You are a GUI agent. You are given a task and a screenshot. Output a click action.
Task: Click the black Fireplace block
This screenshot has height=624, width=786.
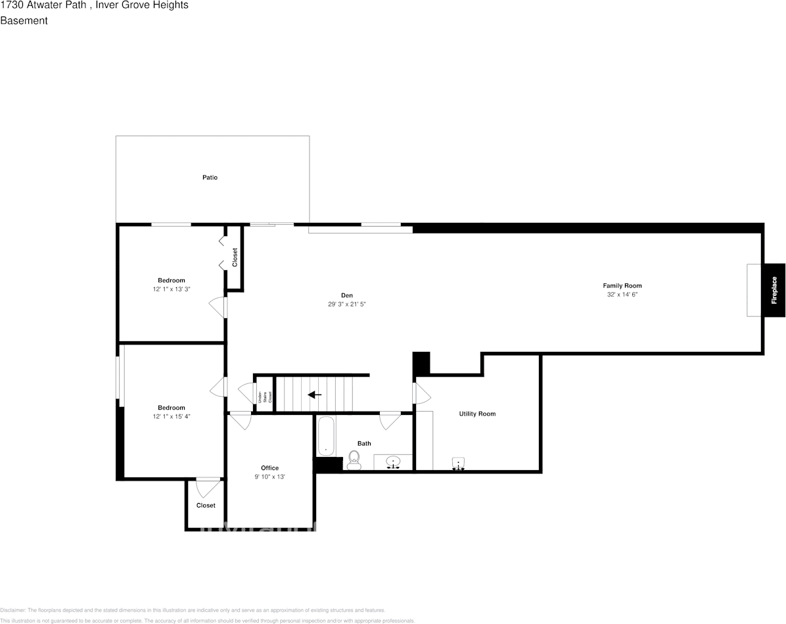pyautogui.click(x=774, y=290)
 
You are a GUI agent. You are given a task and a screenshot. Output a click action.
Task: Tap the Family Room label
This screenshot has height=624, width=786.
pyautogui.click(x=622, y=285)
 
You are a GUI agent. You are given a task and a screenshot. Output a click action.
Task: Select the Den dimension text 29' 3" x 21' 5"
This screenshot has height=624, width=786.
pyautogui.click(x=346, y=304)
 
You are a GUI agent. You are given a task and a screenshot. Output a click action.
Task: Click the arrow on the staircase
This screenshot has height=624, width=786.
pyautogui.click(x=314, y=395)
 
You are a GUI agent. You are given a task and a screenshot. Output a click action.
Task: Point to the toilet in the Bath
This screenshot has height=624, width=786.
pyautogui.click(x=354, y=460)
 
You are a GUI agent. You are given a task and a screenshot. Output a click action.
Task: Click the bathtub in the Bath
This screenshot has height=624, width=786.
pyautogui.click(x=327, y=436)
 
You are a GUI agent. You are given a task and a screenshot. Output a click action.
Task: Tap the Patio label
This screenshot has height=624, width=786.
pyautogui.click(x=210, y=178)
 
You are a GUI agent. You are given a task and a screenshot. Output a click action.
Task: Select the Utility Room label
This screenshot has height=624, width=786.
pyautogui.click(x=477, y=414)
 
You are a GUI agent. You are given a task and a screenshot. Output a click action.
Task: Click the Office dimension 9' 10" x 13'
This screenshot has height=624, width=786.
pyautogui.click(x=269, y=477)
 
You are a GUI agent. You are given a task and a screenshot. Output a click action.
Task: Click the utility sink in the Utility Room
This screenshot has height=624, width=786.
pyautogui.click(x=459, y=464)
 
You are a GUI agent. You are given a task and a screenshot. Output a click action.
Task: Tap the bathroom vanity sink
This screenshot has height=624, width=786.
pyautogui.click(x=393, y=462)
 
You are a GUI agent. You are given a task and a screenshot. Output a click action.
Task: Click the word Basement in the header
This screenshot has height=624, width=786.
pyautogui.click(x=24, y=20)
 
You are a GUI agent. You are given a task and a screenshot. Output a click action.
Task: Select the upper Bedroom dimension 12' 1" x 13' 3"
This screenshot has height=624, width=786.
pyautogui.click(x=172, y=289)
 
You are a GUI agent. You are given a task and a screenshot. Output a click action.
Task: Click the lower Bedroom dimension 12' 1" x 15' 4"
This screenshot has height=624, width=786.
pyautogui.click(x=172, y=416)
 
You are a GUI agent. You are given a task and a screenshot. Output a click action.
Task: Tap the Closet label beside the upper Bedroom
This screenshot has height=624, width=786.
pyautogui.click(x=235, y=257)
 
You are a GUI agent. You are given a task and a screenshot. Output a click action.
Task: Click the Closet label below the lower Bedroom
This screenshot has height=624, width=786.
pyautogui.click(x=206, y=506)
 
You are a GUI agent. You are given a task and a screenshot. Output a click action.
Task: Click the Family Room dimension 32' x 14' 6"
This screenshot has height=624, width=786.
pyautogui.click(x=622, y=295)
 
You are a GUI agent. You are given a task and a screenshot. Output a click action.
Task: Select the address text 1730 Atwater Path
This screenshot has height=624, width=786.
pyautogui.click(x=43, y=5)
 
